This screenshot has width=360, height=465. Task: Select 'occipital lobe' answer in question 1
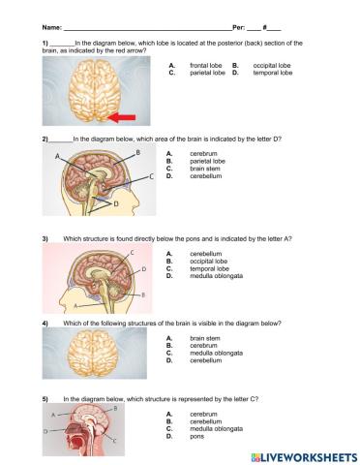tap(272, 66)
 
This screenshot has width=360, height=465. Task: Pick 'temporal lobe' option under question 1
tap(272, 73)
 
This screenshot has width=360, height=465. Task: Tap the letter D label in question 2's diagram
tap(115, 204)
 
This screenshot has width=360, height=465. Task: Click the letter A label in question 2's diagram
tap(57, 156)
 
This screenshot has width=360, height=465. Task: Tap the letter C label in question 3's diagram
tap(134, 251)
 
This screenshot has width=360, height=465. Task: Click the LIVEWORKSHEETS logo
tap(303, 455)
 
